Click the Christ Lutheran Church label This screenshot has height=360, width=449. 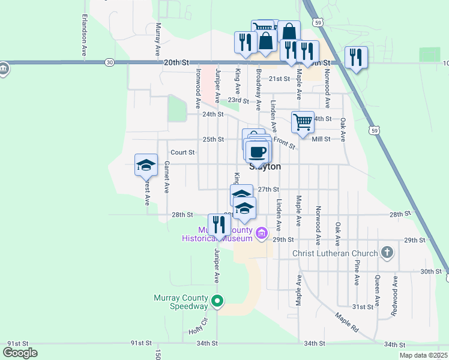[x=335, y=253]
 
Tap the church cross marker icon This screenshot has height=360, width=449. [x=387, y=253]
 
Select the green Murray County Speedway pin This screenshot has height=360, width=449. [x=218, y=301]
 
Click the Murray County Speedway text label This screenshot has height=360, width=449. [x=180, y=302]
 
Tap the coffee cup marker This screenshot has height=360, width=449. [x=258, y=152]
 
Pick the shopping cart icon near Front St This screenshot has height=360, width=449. [x=303, y=122]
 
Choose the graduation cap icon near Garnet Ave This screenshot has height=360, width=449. [x=145, y=165]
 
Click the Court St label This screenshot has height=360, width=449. [x=182, y=152]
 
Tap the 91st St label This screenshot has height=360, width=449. [x=141, y=343]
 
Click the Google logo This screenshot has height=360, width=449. [x=20, y=352]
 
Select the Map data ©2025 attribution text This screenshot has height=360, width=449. [x=423, y=355]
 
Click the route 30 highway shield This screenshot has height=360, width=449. [x=109, y=62]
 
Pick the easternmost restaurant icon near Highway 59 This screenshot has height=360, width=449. [x=356, y=58]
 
